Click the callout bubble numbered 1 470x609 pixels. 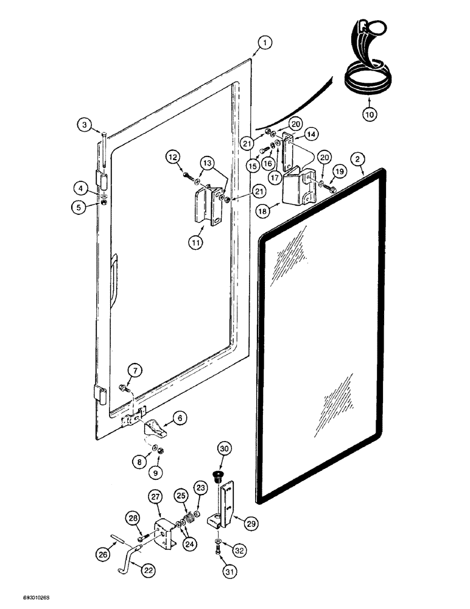tap(263, 43)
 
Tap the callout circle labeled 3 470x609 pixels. tap(85, 125)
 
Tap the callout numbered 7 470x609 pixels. tap(133, 369)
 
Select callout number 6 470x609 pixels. tap(181, 418)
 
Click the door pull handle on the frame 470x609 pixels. tap(114, 279)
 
